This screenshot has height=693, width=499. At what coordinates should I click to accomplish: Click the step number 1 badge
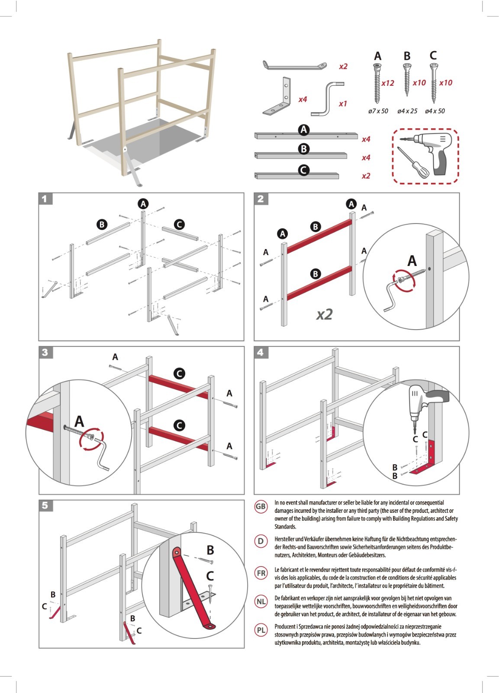coord(45,199)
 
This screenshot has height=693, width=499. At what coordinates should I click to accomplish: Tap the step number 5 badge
coord(45,505)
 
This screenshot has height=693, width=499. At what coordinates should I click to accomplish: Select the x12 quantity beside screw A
coord(387,83)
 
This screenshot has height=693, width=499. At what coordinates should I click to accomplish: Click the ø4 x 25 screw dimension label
coord(407,111)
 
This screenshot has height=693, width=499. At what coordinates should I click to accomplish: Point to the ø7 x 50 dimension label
coord(378,111)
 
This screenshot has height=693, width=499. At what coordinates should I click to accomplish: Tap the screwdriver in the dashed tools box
coord(412,162)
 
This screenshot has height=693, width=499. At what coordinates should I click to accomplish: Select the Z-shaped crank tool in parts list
coord(327,99)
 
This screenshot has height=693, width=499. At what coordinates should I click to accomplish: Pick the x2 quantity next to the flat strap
coord(343,67)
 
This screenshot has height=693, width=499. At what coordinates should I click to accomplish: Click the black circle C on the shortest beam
coord(304,170)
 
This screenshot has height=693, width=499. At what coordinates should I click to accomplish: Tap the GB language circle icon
coord(261,507)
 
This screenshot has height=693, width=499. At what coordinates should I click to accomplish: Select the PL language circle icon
coord(261,630)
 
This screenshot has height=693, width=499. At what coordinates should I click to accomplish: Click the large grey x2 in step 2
coord(324,314)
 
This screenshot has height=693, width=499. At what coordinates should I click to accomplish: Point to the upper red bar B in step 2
coord(319,236)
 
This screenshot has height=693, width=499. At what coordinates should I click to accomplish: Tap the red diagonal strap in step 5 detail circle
coord(193,589)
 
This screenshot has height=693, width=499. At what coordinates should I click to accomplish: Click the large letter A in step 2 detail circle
coord(412,261)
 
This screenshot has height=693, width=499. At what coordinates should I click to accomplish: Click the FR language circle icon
coord(261,573)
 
